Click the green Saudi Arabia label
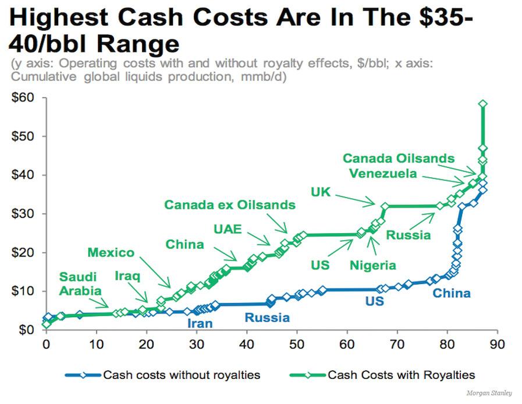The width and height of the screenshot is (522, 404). pos(80,283)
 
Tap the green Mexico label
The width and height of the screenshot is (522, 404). pos(111,252)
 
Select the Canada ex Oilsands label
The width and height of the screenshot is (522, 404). pos(230,205)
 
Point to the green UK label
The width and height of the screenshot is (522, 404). pos(321,191)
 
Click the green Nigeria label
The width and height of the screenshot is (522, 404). pos(372,265)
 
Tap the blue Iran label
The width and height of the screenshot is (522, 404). pos(200,323)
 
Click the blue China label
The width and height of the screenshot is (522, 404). pos(451,293)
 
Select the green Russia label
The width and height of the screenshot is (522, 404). pos(409,236)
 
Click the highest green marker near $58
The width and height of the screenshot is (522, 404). pos(482,104)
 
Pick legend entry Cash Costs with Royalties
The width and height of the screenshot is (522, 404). pos(402,375)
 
